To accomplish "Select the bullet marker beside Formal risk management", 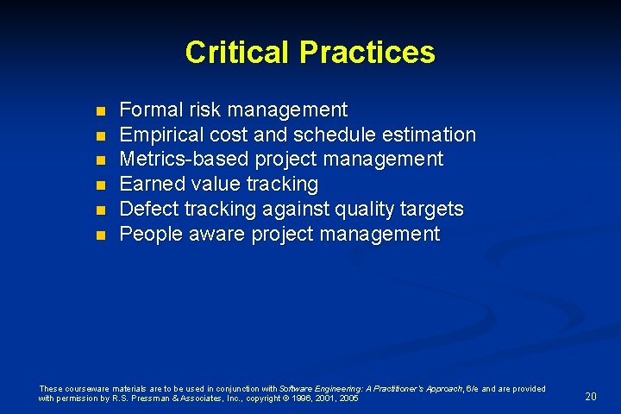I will pos(99,111).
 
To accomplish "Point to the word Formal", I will pos(147,110).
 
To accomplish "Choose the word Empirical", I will pos(160,135).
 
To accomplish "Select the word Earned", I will pos(152,185).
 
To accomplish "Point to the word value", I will pos(216,185).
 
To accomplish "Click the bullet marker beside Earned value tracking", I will pos(99,185).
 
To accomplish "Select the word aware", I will pos(216,235).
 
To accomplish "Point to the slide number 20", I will pos(591,397).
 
